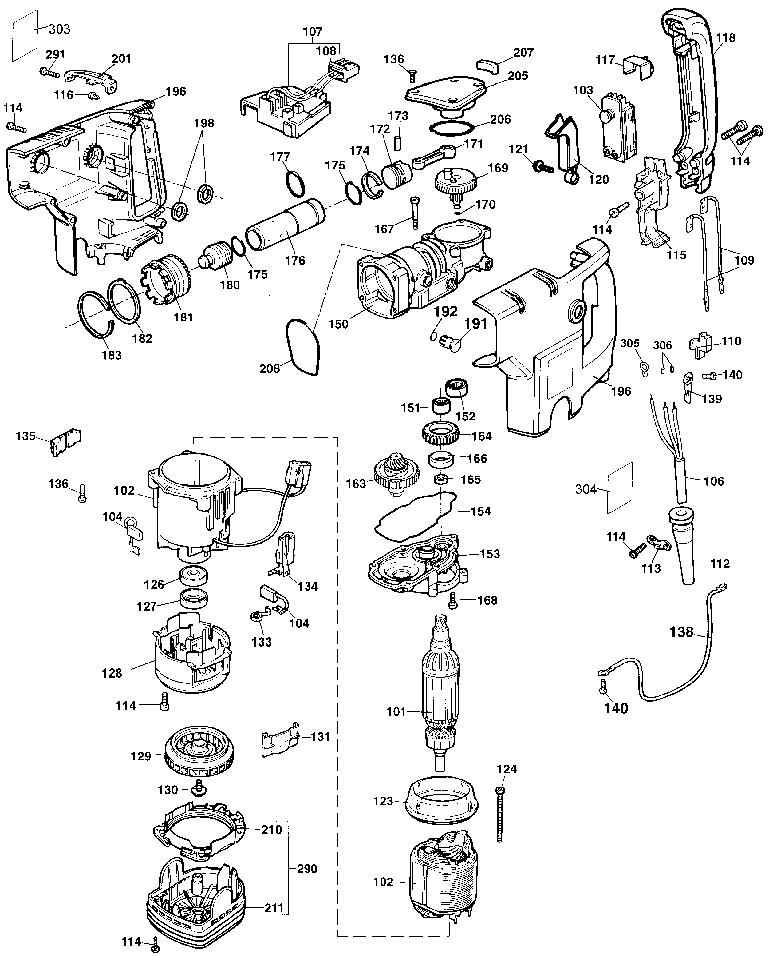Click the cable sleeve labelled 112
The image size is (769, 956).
tap(682, 550)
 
